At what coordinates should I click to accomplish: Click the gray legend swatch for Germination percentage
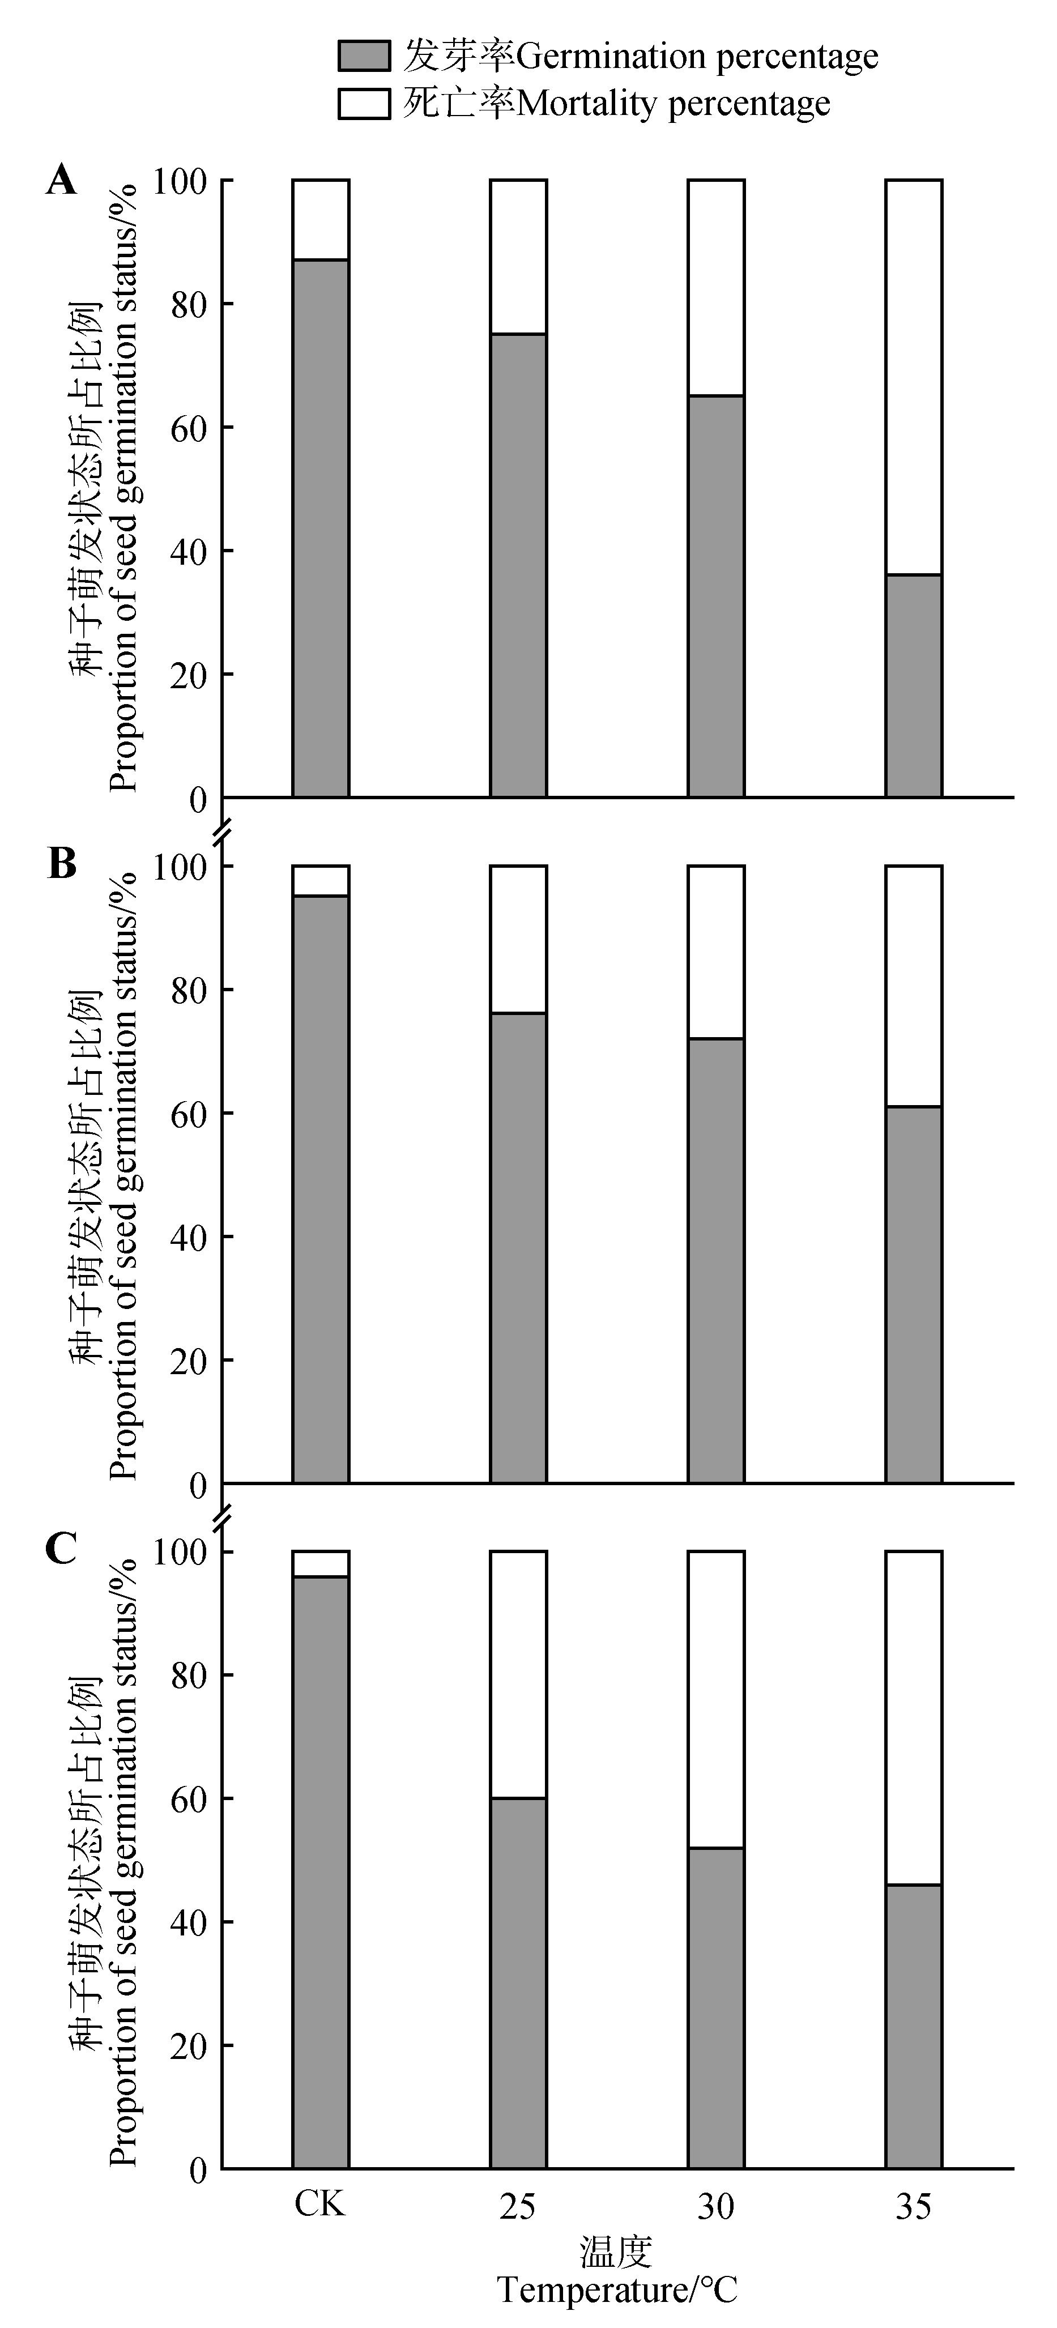pos(364,56)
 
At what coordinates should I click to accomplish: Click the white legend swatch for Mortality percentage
pos(364,103)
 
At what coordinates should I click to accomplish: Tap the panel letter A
pos(61,181)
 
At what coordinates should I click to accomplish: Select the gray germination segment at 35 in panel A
pos(913,685)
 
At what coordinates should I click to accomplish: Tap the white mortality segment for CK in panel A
pos(321,220)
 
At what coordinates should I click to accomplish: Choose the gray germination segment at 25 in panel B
pos(518,1247)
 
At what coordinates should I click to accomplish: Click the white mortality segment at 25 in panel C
pos(518,1674)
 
